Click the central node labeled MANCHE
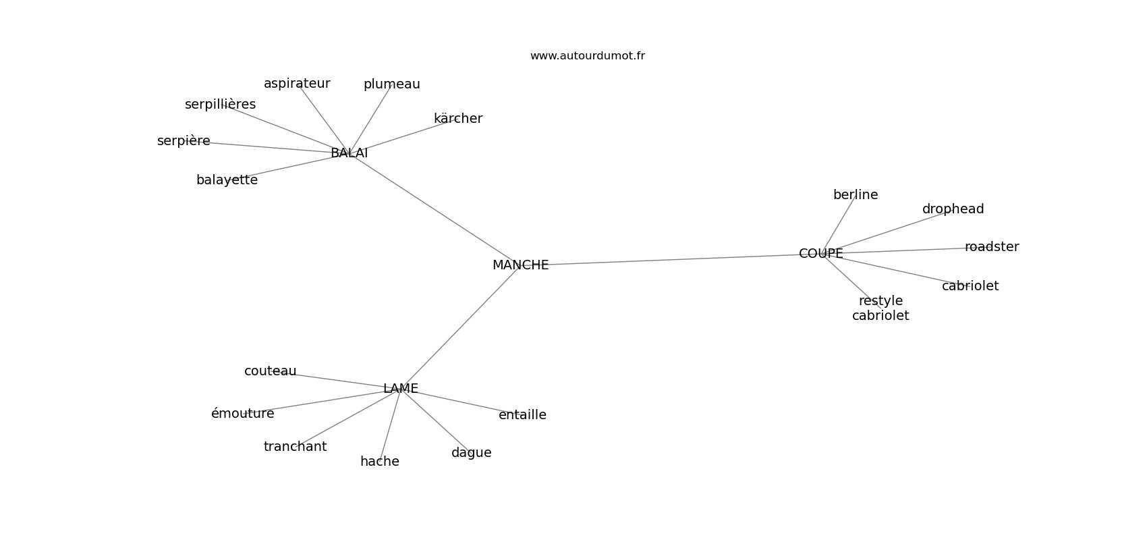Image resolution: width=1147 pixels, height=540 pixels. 520,265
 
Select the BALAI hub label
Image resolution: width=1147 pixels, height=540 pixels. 349,153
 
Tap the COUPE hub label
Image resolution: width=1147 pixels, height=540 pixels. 820,254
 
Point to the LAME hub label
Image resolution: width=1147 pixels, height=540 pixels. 400,389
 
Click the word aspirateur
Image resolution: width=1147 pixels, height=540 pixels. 297,84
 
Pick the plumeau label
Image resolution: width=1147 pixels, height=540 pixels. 391,84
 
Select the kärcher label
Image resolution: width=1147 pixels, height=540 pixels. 458,119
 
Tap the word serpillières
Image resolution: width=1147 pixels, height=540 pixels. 220,105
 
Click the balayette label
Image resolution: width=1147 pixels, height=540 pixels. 227,180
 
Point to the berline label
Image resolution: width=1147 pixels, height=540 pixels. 856,195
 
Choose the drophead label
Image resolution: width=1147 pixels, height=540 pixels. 953,209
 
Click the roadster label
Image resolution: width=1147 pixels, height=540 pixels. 991,247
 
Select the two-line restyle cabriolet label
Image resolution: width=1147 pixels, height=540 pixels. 880,308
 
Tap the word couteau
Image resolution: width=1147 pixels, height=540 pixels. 270,371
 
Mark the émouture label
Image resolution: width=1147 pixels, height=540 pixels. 242,414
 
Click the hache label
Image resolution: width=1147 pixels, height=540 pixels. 379,462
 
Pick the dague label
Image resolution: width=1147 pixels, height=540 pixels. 471,453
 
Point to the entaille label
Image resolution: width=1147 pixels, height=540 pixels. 522,415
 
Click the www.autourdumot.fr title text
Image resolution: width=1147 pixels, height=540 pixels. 587,56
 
